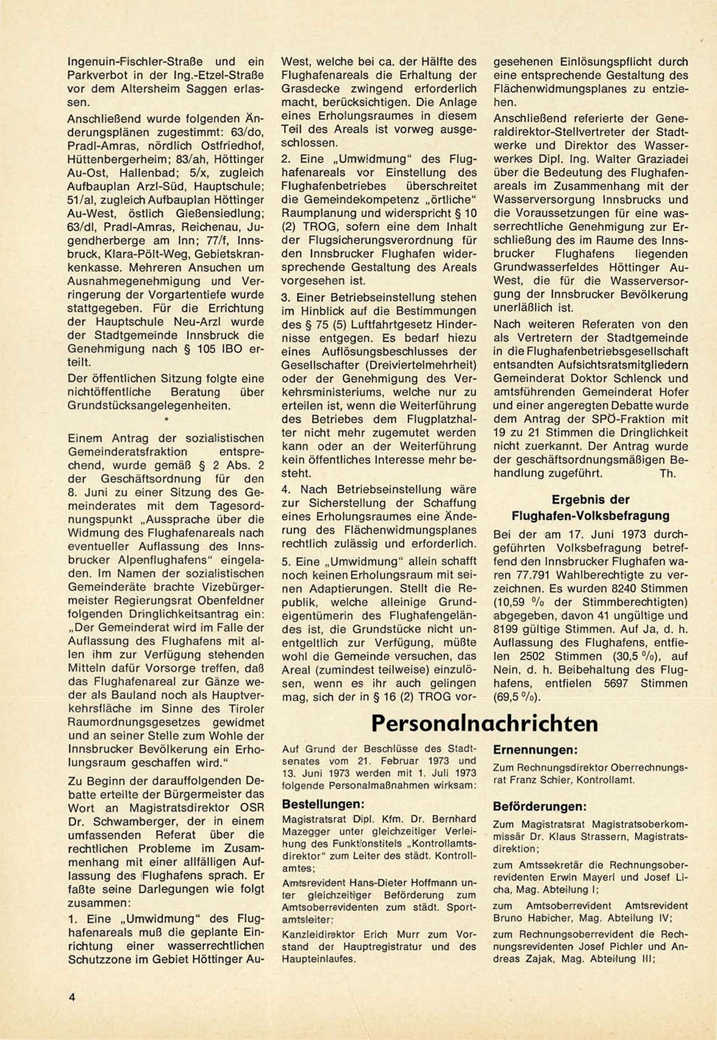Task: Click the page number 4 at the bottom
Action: pyautogui.click(x=72, y=998)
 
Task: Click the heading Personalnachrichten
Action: pyautogui.click(x=484, y=724)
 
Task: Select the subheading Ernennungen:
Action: pyautogui.click(x=535, y=750)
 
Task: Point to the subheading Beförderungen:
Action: pyautogui.click(x=540, y=806)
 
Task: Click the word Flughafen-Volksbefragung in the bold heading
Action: pyautogui.click(x=590, y=516)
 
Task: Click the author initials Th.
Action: pyautogui.click(x=668, y=473)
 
